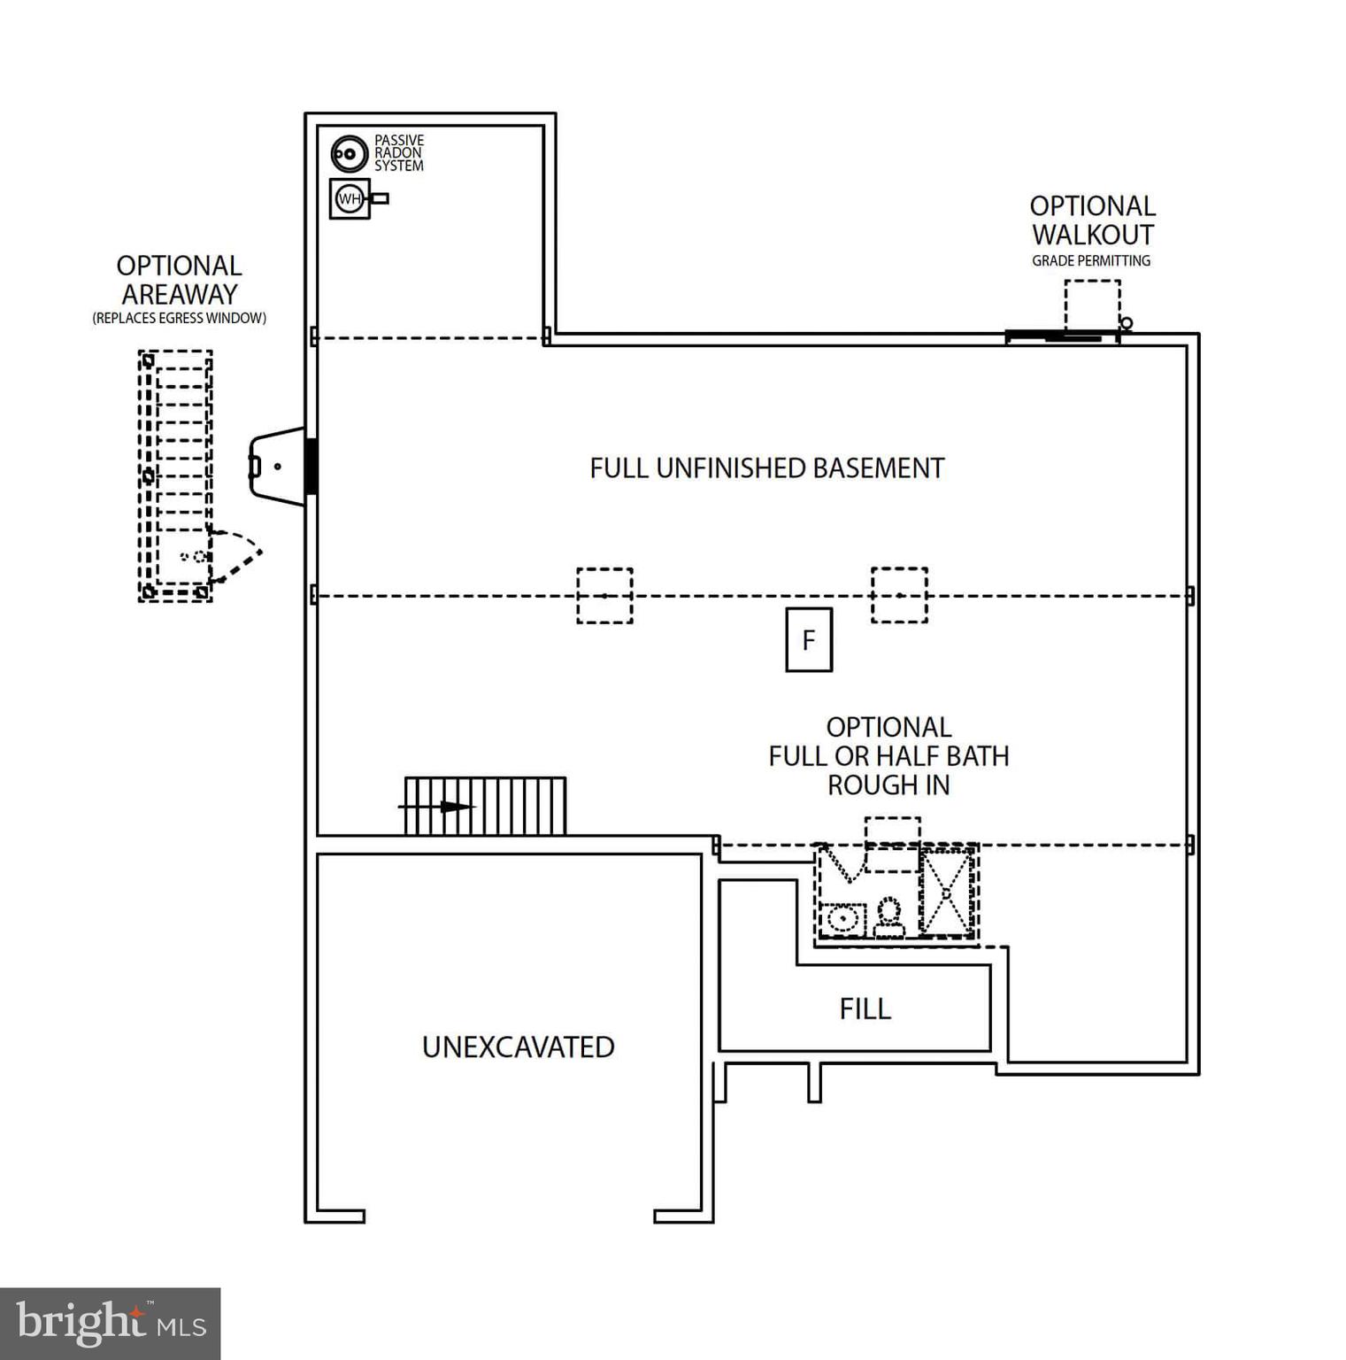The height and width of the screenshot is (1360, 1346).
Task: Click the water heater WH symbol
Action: [350, 198]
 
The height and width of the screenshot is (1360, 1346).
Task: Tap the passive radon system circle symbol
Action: [349, 154]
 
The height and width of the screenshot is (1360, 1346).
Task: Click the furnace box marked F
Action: [809, 639]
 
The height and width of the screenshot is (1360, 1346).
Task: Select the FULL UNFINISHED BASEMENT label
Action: [766, 468]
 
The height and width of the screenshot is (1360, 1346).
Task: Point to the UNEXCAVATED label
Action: [518, 1047]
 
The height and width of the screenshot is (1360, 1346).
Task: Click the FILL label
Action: [865, 1008]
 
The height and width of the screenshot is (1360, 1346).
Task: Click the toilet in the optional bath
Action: [888, 917]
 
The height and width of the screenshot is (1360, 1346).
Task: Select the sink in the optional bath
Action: [843, 920]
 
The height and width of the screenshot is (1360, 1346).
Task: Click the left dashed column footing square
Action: [604, 596]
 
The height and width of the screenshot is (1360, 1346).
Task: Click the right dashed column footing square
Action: [899, 596]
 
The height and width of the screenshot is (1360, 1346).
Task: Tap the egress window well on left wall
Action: [279, 466]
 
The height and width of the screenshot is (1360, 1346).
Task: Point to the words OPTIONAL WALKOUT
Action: [1092, 220]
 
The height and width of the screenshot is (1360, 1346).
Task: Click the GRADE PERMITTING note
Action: [1090, 260]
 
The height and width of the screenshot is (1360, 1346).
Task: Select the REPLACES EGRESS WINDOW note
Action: [179, 318]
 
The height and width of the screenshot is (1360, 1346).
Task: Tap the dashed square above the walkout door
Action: [1092, 305]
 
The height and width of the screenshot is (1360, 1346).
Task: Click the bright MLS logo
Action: [110, 1323]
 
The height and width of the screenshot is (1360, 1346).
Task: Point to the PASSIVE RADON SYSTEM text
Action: [398, 153]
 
